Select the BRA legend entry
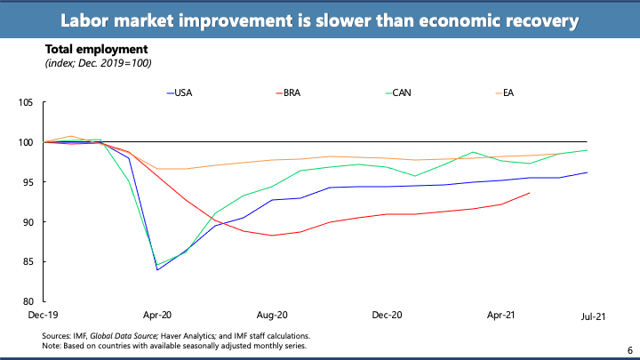pyautogui.click(x=292, y=92)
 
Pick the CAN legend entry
pyautogui.click(x=402, y=92)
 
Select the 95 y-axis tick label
pyautogui.click(x=28, y=182)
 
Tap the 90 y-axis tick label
pyautogui.click(x=28, y=222)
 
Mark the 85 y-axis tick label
pyautogui.click(x=28, y=261)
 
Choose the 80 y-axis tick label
pyautogui.click(x=28, y=301)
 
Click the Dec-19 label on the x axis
pyautogui.click(x=41, y=315)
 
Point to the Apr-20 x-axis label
pyautogui.click(x=156, y=315)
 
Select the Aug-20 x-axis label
pyautogui.click(x=272, y=315)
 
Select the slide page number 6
pyautogui.click(x=628, y=350)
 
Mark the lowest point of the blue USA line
pyautogui.click(x=157, y=269)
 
